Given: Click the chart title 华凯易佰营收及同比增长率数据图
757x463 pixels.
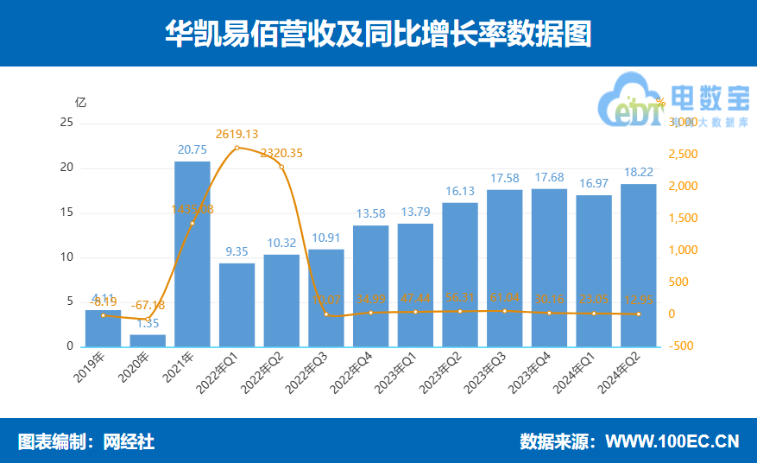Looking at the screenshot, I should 378,33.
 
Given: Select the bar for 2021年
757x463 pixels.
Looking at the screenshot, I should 192,255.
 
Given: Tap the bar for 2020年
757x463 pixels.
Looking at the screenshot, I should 148,340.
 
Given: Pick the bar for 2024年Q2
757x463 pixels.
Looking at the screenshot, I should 638,265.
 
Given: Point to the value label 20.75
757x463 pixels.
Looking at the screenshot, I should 192,149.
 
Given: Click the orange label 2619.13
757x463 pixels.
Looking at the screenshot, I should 237,134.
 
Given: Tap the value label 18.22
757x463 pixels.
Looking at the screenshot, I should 638,172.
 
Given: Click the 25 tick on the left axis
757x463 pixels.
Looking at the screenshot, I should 66,123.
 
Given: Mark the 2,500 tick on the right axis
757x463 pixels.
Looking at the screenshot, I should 684,155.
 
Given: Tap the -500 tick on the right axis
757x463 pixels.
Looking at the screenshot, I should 683,346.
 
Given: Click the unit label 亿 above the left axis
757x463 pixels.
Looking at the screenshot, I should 81,101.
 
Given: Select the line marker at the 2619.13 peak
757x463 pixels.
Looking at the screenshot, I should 237,148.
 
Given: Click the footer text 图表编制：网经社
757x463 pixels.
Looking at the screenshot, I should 86,441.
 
